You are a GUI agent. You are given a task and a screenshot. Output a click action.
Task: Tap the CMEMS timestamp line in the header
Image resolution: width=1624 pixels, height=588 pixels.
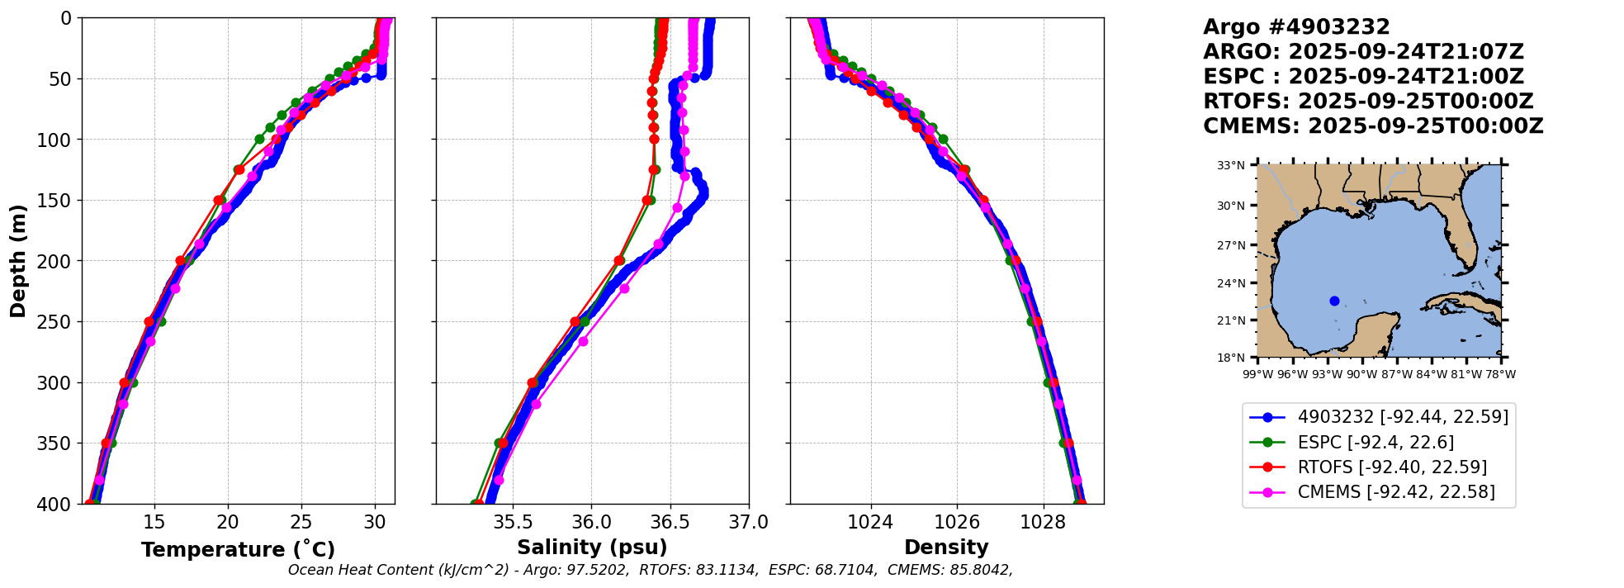click(1373, 126)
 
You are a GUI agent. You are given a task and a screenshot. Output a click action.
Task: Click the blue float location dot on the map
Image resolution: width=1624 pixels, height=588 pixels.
click(1334, 301)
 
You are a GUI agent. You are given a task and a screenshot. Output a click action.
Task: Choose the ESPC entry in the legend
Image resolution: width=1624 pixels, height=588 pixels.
click(1375, 443)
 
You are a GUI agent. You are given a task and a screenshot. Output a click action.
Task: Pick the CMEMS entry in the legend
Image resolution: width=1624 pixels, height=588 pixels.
click(1395, 492)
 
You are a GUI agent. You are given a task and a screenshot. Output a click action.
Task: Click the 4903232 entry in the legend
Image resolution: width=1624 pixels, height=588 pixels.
click(1402, 417)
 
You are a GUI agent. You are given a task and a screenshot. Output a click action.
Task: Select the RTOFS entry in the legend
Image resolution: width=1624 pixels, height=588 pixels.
click(1391, 467)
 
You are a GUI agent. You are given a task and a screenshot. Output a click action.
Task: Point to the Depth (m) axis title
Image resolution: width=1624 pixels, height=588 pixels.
click(18, 261)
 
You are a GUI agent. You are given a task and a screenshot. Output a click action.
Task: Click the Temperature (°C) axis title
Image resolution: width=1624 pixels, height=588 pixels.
click(238, 549)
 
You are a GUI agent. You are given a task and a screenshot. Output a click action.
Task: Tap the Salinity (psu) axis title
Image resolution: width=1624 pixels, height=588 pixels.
click(592, 548)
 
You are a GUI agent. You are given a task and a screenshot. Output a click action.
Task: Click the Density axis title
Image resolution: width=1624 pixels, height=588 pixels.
click(946, 548)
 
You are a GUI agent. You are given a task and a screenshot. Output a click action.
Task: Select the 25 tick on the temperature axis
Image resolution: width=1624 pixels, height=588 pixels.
click(301, 522)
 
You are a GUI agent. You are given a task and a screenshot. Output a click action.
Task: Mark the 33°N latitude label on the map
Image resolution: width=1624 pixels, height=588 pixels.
click(1230, 165)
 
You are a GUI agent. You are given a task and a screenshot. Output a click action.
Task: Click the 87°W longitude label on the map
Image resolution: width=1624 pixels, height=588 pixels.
click(1397, 374)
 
